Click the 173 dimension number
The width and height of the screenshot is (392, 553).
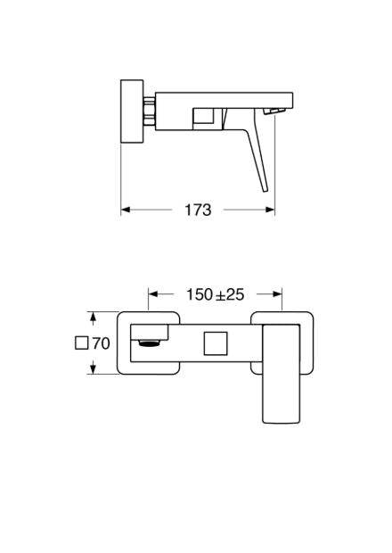pos(198,210)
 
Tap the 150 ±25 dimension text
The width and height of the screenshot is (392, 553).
pos(215,293)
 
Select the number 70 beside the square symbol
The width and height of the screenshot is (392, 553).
pos(101,343)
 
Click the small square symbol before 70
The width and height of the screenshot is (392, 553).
pos(82,343)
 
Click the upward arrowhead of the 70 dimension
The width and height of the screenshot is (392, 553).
pos(93,316)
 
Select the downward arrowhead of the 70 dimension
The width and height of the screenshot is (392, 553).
pos(93,369)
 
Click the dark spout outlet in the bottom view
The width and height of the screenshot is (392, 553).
pos(151,341)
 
